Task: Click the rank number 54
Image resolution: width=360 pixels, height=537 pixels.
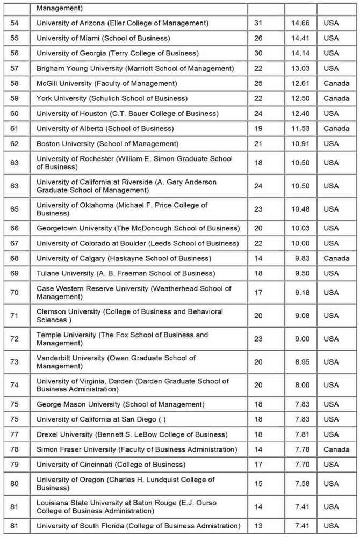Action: [15, 23]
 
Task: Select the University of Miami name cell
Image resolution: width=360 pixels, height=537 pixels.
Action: [103, 38]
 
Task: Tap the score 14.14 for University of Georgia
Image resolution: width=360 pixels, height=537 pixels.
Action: [301, 53]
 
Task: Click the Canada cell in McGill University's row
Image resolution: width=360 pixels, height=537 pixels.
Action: [336, 83]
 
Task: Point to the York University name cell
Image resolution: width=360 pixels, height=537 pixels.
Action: [112, 98]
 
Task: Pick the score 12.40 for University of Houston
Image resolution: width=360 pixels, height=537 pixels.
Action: [301, 113]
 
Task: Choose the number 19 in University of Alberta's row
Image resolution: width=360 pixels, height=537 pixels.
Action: [258, 128]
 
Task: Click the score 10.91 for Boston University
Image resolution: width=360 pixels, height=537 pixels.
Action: [301, 143]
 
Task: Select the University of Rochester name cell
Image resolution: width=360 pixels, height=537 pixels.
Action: [134, 163]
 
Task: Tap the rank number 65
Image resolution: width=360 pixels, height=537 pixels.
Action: [15, 209]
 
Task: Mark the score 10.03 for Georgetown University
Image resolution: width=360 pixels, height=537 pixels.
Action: [301, 228]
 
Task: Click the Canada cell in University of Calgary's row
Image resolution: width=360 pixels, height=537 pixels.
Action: [336, 258]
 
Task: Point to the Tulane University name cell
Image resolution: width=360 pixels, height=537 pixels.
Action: [125, 273]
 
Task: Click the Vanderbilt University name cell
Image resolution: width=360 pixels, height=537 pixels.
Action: [116, 362]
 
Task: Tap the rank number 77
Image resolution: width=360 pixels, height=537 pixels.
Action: [15, 434]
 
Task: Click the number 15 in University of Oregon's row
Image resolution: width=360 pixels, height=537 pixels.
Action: [258, 484]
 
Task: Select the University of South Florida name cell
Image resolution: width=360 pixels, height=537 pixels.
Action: [138, 526]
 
